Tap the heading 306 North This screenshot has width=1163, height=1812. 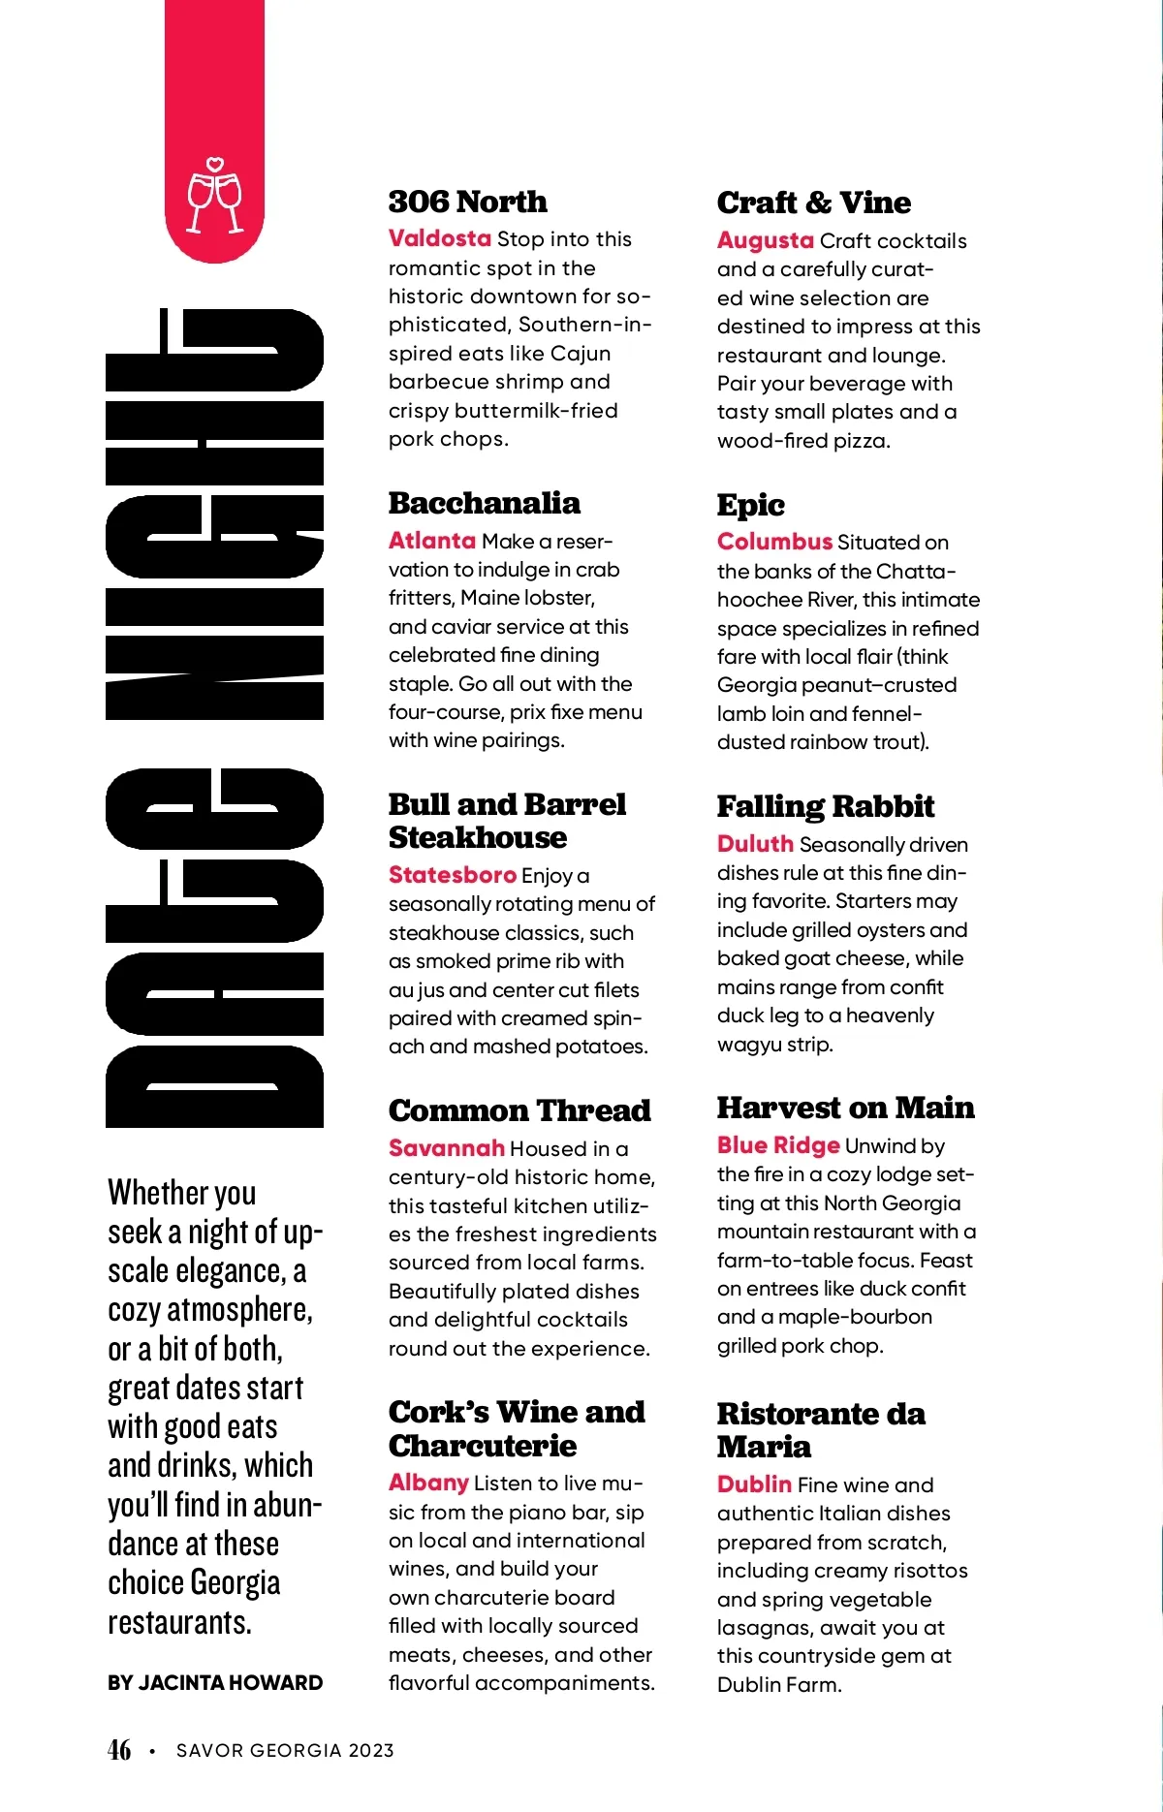click(x=467, y=202)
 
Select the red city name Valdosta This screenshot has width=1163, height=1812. click(x=439, y=238)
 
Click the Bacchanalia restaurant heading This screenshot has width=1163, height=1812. click(x=484, y=503)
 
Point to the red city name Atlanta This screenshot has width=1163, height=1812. click(x=431, y=541)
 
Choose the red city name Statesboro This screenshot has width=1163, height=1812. click(x=452, y=875)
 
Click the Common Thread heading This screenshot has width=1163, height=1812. click(x=519, y=1110)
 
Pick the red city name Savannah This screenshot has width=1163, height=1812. click(x=446, y=1148)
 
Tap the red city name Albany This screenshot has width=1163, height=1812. click(x=428, y=1483)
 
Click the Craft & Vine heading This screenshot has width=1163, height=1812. click(x=813, y=203)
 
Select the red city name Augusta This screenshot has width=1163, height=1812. click(x=765, y=240)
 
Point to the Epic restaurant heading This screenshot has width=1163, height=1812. click(x=750, y=505)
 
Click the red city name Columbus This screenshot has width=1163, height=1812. click(x=774, y=542)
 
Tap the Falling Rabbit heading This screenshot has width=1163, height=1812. click(x=825, y=806)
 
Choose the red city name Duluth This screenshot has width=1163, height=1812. click(x=755, y=844)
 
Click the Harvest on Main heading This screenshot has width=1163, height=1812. click(x=845, y=1108)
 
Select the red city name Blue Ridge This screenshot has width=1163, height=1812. click(x=777, y=1145)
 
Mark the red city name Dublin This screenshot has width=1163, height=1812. click(x=754, y=1484)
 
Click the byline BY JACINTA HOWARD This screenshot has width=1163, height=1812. click(x=215, y=1683)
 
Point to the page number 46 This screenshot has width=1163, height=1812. click(x=119, y=1750)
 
